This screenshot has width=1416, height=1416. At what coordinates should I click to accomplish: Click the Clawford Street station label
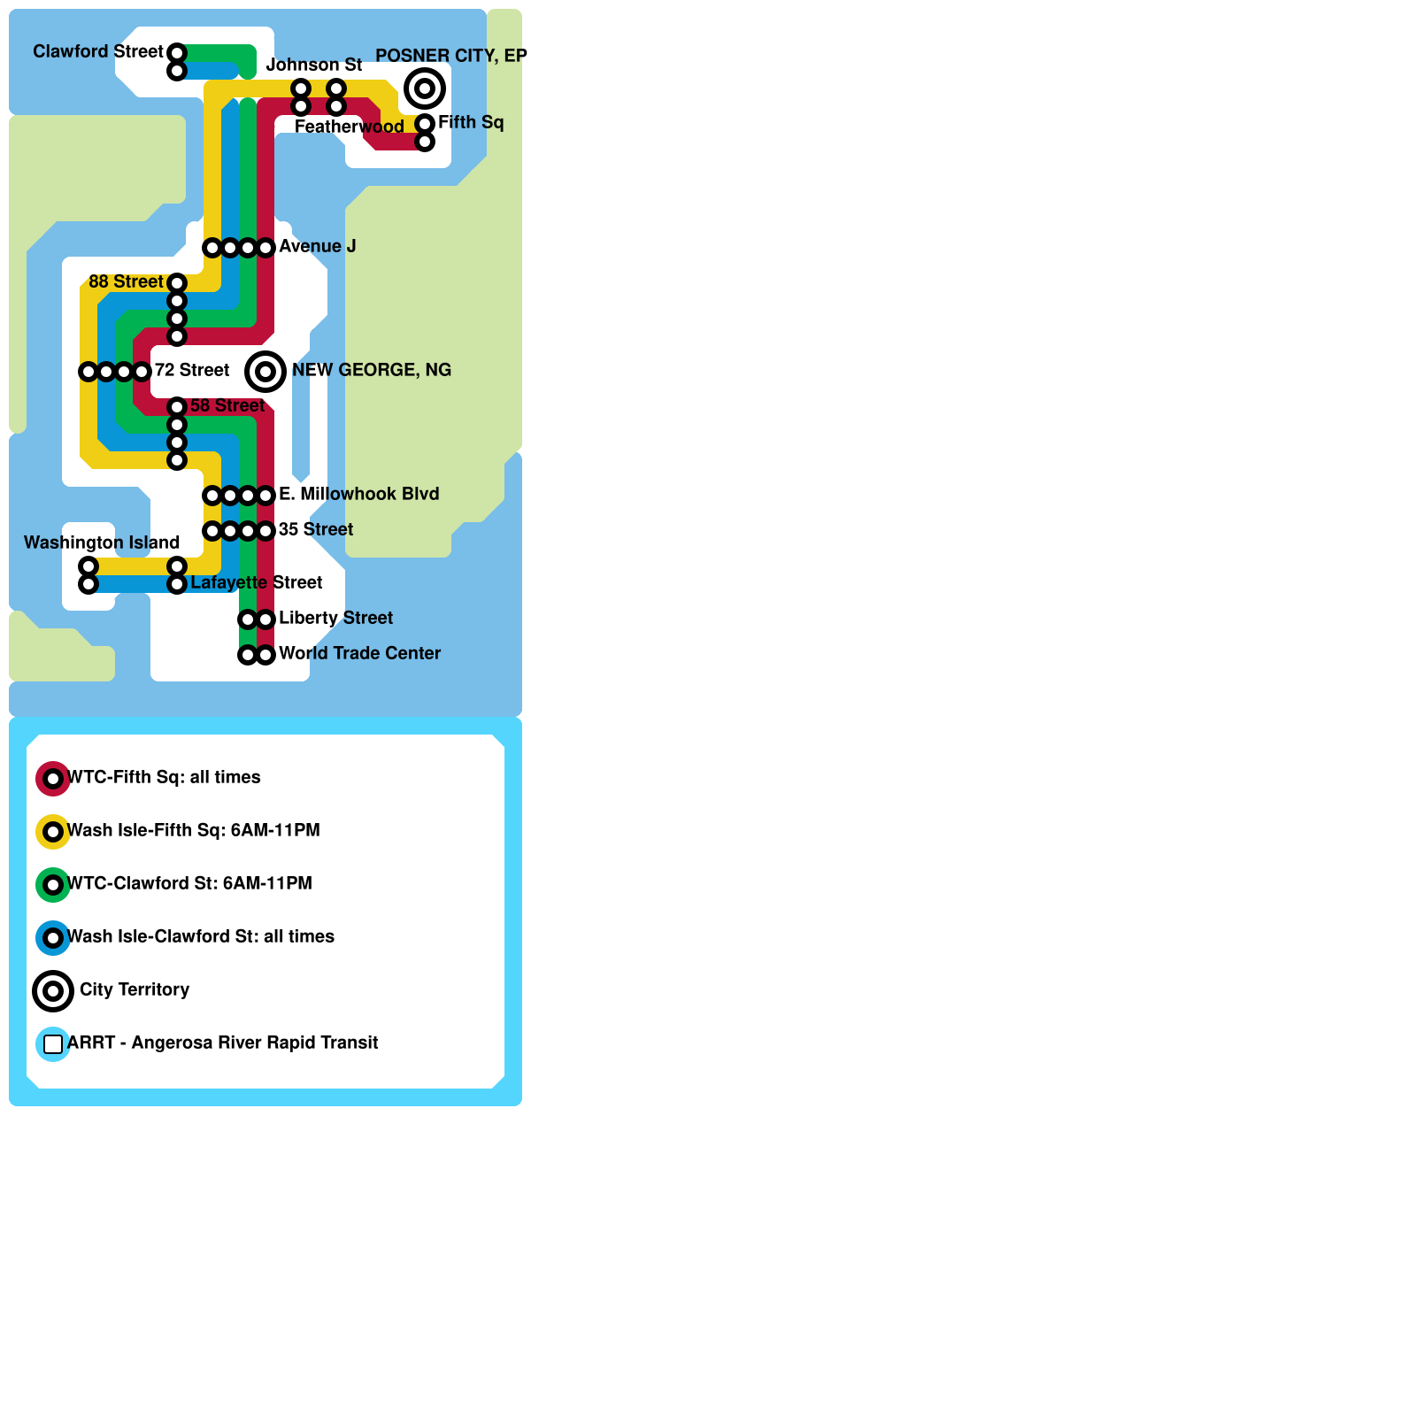point(98,51)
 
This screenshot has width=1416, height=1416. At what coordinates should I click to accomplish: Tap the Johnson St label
point(314,65)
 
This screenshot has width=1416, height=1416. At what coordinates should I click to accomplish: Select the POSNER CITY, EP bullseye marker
point(425,88)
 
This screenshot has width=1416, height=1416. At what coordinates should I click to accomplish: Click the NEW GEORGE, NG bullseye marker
point(265,372)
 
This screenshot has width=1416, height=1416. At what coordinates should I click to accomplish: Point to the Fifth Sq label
point(471,122)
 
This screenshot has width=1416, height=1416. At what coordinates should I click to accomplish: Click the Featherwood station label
point(350,127)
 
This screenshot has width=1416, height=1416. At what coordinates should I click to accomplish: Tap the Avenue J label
point(318,246)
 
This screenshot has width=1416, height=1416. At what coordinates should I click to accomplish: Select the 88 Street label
point(126,281)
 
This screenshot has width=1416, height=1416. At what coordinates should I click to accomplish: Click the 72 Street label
point(192,370)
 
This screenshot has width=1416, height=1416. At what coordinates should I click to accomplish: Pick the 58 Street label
point(227,405)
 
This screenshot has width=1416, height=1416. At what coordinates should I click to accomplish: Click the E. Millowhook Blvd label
point(359,494)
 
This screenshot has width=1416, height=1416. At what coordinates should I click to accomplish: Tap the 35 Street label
point(316,529)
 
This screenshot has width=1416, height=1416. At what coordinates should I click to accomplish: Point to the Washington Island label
point(102,543)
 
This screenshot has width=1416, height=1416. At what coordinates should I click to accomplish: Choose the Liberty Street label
point(336,618)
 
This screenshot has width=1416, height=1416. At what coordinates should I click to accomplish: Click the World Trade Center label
point(360,653)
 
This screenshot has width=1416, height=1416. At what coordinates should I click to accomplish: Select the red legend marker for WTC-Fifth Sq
point(53,779)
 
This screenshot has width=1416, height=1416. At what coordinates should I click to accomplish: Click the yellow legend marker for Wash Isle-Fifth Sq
point(53,832)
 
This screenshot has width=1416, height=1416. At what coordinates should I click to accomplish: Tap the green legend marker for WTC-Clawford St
point(53,885)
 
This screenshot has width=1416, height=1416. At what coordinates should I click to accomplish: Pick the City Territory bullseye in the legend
point(53,991)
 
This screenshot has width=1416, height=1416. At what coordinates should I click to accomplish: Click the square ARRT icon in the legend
point(53,1044)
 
